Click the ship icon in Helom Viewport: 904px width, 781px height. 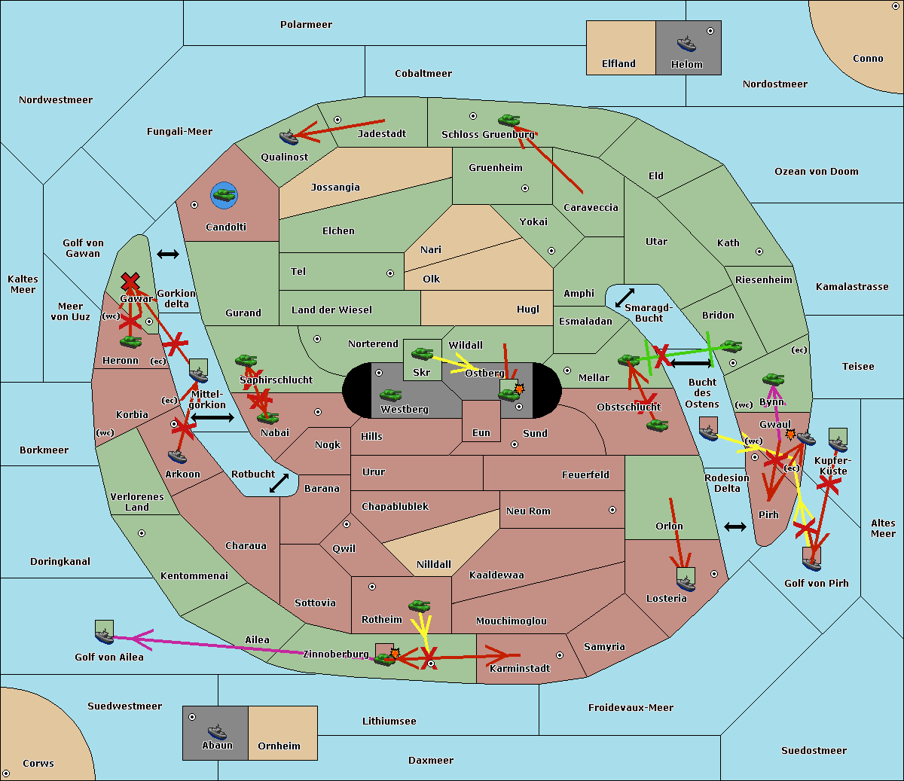point(686,44)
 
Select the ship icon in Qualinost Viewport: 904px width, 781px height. point(289,137)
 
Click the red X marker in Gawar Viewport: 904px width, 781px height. point(130,282)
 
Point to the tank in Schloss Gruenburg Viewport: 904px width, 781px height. point(509,120)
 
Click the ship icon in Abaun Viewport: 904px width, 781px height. point(217,731)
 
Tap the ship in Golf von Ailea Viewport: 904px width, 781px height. point(104,636)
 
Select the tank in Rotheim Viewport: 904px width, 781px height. point(420,606)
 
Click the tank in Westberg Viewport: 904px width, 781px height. point(390,395)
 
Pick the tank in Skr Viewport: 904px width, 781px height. point(422,353)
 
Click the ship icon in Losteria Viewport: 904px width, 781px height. point(686,583)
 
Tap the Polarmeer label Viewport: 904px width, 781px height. point(306,25)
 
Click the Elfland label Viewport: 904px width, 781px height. point(618,63)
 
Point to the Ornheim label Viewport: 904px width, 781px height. point(279,746)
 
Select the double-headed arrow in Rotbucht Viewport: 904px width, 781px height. point(279,483)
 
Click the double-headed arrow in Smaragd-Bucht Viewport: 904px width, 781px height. point(625,297)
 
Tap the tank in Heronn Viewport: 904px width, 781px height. point(131,341)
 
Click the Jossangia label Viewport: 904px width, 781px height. point(335,188)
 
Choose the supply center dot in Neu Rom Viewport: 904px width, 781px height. point(612,510)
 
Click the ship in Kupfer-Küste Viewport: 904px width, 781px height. point(838,444)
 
